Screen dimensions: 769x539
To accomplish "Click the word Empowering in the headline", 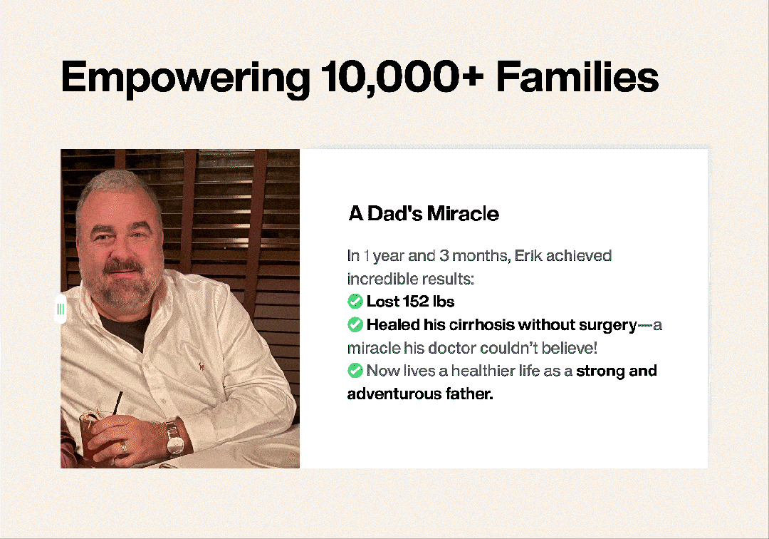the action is [x=185, y=78].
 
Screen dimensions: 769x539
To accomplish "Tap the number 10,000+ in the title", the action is [x=402, y=76].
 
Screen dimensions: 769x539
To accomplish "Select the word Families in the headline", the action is [x=577, y=76].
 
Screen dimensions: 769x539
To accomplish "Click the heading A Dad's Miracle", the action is [x=424, y=214].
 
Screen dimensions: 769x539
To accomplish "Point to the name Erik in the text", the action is [x=528, y=255].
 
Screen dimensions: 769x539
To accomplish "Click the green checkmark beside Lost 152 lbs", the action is [x=355, y=301].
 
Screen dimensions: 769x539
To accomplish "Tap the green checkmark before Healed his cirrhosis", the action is [x=355, y=324].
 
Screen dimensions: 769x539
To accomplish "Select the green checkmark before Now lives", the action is [x=355, y=370].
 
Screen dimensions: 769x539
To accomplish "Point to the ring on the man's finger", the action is [x=124, y=447].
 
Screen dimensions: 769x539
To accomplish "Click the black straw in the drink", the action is [x=117, y=404].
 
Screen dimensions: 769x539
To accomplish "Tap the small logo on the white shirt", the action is [x=201, y=366].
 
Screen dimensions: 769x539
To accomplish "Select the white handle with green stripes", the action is [x=61, y=309].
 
